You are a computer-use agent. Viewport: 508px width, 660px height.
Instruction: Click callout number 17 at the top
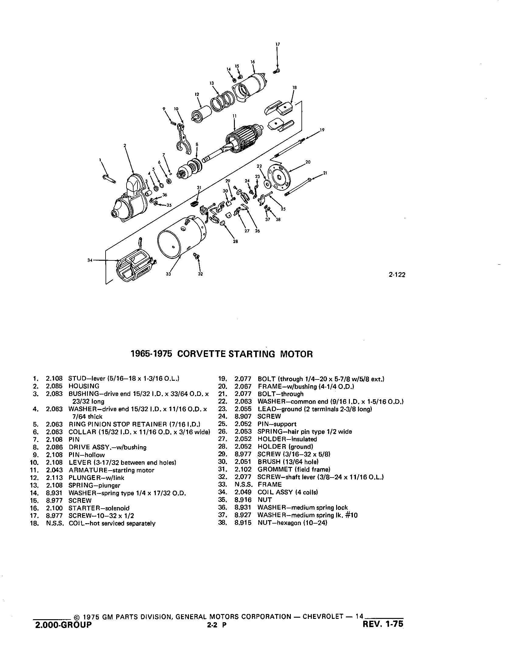(277, 44)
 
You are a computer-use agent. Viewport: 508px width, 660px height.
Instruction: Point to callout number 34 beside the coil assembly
(90, 260)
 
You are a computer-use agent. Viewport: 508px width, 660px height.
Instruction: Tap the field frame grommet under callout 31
(194, 203)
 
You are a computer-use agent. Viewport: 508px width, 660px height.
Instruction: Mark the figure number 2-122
(397, 275)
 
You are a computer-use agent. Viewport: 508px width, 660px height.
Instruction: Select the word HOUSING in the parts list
(84, 386)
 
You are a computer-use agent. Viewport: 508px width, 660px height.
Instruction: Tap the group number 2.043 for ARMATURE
(54, 470)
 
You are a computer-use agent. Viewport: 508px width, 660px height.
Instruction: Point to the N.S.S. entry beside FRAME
(243, 484)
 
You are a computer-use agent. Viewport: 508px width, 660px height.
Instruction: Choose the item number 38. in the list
(223, 523)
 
